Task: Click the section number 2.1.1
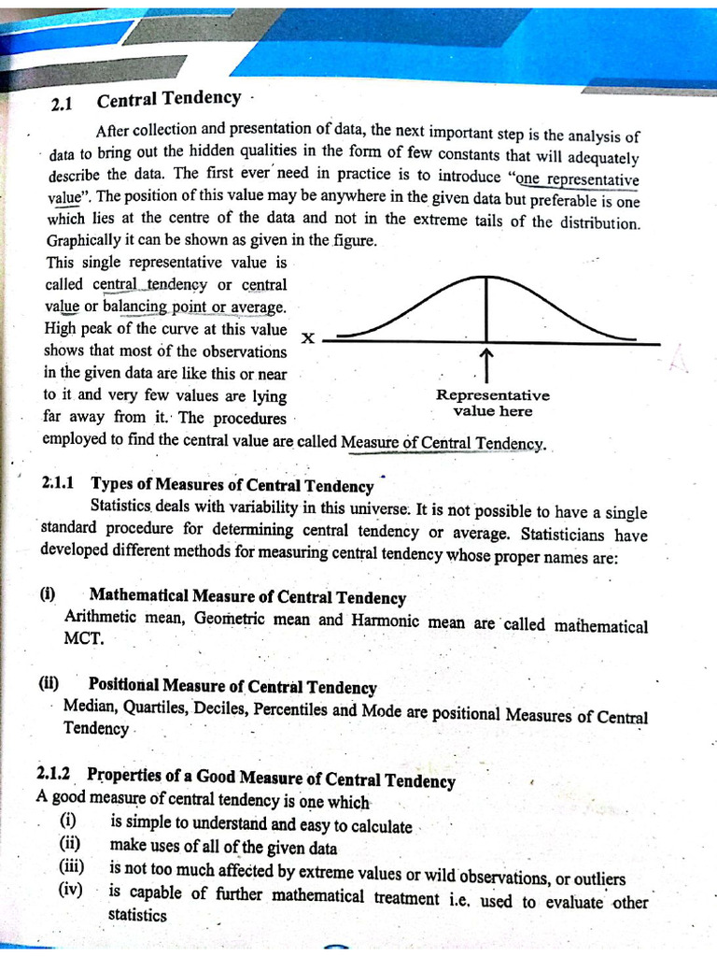pos(62,482)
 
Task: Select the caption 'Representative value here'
pos(492,403)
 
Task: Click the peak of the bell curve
pos(485,278)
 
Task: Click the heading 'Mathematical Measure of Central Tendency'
pos(247,596)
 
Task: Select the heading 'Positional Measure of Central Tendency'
pos(232,688)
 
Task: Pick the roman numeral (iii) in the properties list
pos(72,866)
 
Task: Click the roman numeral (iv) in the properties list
pos(70,889)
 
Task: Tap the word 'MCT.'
pos(84,639)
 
